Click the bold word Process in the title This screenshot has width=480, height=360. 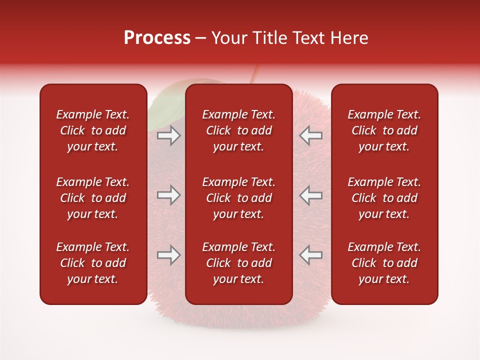157,38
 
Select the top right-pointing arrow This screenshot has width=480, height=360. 168,135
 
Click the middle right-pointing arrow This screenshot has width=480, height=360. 168,195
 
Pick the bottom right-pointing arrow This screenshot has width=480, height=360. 168,255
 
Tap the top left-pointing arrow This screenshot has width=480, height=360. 311,135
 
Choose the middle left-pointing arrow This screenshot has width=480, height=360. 311,195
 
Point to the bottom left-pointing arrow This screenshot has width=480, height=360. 311,255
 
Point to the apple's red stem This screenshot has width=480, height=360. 254,75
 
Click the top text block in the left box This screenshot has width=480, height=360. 93,130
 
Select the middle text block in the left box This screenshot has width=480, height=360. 93,198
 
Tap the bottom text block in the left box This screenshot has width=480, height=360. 93,263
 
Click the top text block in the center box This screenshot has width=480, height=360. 238,130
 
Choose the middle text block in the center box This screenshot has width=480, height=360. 238,198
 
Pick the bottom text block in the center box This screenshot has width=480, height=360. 238,263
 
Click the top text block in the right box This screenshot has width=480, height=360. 384,130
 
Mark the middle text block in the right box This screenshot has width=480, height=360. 384,198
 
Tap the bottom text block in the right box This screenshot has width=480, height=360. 384,263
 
